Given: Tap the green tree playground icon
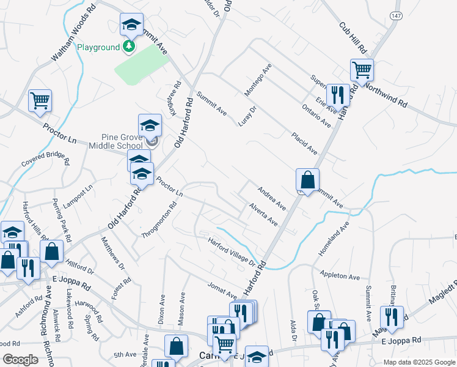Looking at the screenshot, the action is pyautogui.click(x=129, y=46).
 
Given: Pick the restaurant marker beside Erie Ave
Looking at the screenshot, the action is pyautogui.click(x=337, y=94).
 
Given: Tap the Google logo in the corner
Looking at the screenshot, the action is pyautogui.click(x=20, y=360).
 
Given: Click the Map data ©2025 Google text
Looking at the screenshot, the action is pyautogui.click(x=419, y=362).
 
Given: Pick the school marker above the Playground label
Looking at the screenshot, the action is pyautogui.click(x=131, y=25).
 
